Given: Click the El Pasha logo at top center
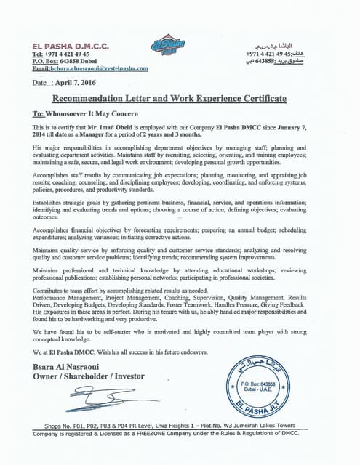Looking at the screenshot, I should click(168, 47).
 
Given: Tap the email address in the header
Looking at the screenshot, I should click(90, 68).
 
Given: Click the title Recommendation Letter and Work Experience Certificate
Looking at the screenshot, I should click(168, 98).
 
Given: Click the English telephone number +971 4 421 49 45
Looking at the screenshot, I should click(68, 54).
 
